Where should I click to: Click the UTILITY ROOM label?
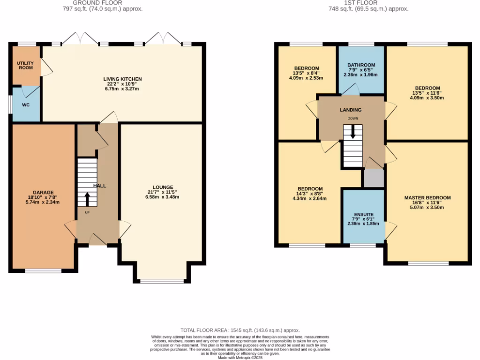pyautogui.click(x=25, y=65)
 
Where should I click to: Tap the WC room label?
pyautogui.click(x=26, y=105)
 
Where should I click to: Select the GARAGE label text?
pyautogui.click(x=43, y=192)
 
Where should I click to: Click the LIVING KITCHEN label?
pyautogui.click(x=123, y=79)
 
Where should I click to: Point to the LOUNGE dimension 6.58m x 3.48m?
pyautogui.click(x=163, y=197)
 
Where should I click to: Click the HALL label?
pyautogui.click(x=99, y=186)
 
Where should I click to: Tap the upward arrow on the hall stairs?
pyautogui.click(x=87, y=199)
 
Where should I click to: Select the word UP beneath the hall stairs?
pyautogui.click(x=87, y=212)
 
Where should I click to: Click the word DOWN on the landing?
pyautogui.click(x=353, y=119)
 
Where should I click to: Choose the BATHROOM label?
pyautogui.click(x=361, y=65)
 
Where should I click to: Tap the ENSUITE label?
pyautogui.click(x=364, y=214)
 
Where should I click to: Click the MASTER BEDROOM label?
pyautogui.click(x=427, y=198)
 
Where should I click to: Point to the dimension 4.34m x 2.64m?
pyautogui.click(x=309, y=198)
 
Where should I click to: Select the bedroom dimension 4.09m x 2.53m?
pyautogui.click(x=307, y=78)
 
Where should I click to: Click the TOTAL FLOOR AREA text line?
pyautogui.click(x=240, y=330)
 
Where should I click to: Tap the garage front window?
pyautogui.click(x=43, y=270)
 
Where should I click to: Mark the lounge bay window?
pyautogui.click(x=163, y=281)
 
